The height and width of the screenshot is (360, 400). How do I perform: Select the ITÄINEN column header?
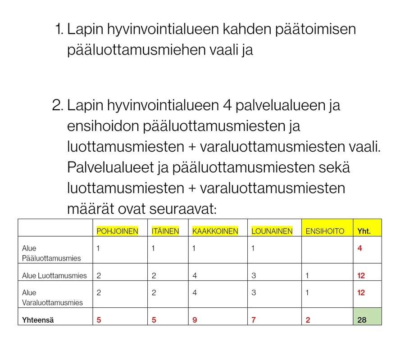[165, 231]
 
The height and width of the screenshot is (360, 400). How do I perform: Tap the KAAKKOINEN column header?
[215, 231]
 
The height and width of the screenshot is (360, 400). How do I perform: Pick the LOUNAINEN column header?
[272, 231]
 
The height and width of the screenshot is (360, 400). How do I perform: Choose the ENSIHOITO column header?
[324, 231]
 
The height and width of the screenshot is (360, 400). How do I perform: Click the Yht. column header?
[364, 231]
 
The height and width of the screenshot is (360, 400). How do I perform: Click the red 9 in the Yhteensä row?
[194, 321]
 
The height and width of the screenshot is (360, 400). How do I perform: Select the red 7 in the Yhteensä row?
[253, 321]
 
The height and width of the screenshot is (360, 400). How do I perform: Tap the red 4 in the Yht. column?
[360, 248]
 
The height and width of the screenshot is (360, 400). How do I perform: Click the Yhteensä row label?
[41, 321]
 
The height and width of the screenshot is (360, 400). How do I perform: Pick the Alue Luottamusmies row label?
[54, 275]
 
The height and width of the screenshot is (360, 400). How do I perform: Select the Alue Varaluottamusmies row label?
[52, 297]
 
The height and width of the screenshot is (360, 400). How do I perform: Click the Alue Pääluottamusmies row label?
[51, 253]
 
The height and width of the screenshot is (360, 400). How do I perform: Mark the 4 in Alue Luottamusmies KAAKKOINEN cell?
[194, 275]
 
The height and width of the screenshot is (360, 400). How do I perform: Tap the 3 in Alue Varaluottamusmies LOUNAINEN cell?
[253, 292]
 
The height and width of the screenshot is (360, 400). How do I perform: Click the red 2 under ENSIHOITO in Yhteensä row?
[308, 321]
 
